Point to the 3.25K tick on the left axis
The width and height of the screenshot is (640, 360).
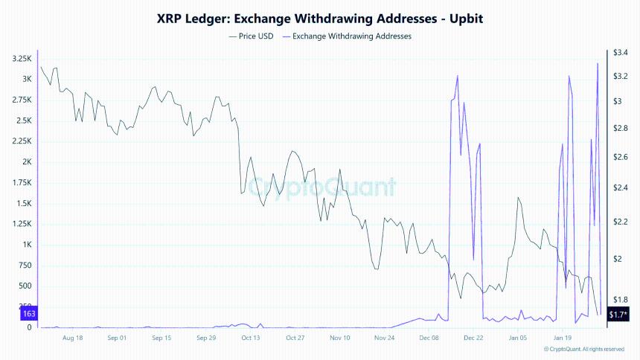22,59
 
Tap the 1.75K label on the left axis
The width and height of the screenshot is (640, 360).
22,183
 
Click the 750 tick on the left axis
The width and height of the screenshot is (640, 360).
25,266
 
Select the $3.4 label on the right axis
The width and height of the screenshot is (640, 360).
621,53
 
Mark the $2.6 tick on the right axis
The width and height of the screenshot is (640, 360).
621,157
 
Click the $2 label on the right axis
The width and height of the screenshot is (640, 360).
618,259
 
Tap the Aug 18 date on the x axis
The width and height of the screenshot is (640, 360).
73,338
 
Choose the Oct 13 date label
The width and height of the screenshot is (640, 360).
251,338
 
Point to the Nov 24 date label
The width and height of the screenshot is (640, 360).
385,338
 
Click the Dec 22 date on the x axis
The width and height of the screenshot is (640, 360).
474,338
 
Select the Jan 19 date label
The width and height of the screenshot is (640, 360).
563,338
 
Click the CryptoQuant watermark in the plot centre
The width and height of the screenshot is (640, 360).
321,187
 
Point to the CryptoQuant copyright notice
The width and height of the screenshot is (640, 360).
583,349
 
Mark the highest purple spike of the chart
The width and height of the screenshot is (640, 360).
598,64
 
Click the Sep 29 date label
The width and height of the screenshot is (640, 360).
206,338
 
